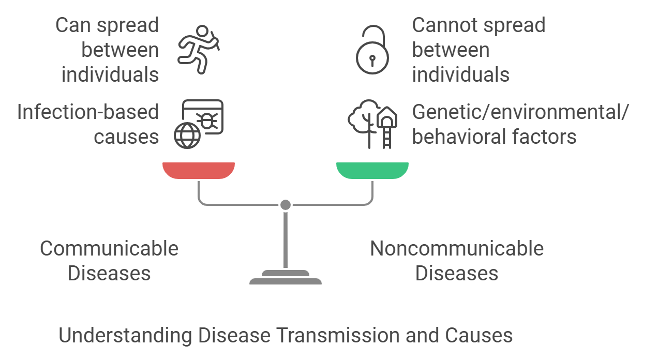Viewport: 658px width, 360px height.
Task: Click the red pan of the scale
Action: pyautogui.click(x=199, y=170)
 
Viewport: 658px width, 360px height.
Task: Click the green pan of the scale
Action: pyautogui.click(x=372, y=170)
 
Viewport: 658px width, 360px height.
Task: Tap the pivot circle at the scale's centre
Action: pyautogui.click(x=285, y=205)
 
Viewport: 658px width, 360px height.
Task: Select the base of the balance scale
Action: pyautogui.click(x=286, y=280)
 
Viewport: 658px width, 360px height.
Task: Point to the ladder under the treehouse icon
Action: pyautogui.click(x=386, y=138)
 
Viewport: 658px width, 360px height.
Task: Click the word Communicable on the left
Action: pyautogui.click(x=109, y=249)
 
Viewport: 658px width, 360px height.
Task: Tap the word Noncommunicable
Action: pyautogui.click(x=457, y=249)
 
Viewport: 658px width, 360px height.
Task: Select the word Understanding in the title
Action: pyautogui.click(x=126, y=335)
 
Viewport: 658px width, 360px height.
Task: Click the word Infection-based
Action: pyautogui.click(x=88, y=112)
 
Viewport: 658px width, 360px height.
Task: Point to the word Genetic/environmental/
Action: pyautogui.click(x=520, y=112)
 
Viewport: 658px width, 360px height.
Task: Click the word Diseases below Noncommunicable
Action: pyautogui.click(x=457, y=273)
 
